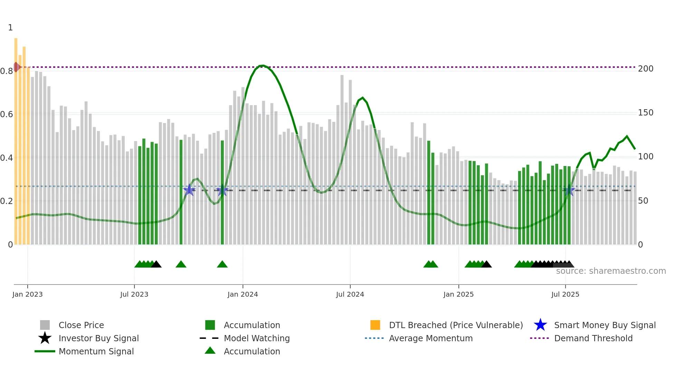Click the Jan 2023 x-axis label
27,295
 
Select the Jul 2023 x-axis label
134,295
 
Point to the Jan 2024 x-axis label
243,295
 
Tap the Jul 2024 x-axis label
350,295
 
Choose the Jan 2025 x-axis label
458,295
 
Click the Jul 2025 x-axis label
565,295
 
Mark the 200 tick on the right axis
646,69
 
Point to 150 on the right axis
646,113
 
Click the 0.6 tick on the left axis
7,114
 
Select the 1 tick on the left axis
10,28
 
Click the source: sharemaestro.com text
611,271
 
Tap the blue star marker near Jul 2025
569,190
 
